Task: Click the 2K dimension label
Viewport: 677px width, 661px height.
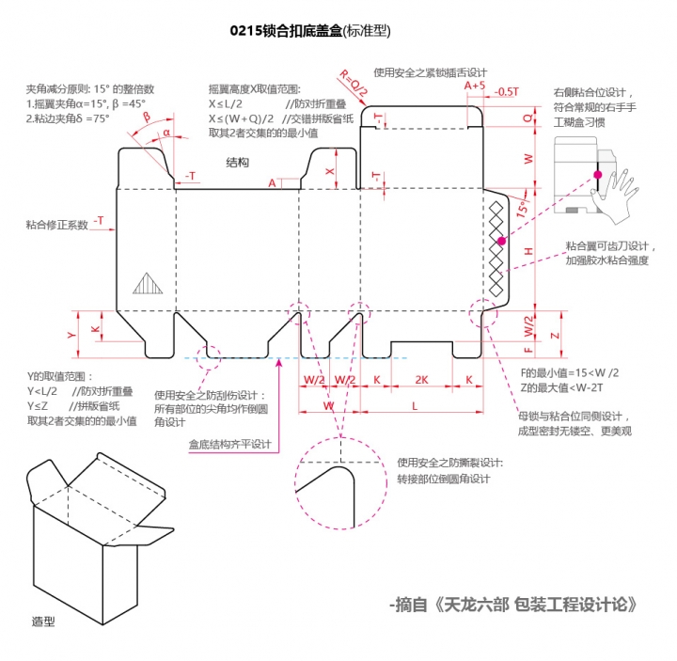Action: click(x=422, y=379)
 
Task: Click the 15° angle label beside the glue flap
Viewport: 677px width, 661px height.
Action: click(x=520, y=212)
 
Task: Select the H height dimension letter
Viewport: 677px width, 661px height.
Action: click(x=528, y=251)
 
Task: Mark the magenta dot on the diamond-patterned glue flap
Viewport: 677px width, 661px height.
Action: click(x=502, y=242)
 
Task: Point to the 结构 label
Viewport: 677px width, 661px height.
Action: click(x=237, y=163)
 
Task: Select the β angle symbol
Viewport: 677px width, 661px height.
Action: click(x=146, y=117)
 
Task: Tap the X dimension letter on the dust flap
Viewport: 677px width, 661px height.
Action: click(x=329, y=172)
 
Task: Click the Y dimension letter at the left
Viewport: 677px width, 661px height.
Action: click(x=71, y=334)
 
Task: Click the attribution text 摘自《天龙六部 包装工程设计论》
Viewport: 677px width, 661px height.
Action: click(x=514, y=603)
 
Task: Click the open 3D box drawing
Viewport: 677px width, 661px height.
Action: click(x=94, y=531)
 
